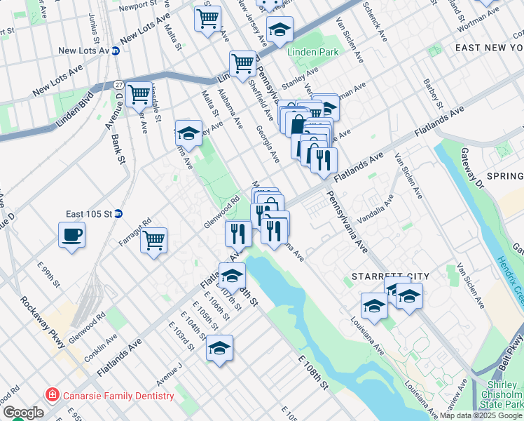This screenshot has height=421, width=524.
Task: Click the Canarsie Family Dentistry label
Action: pyautogui.click(x=113, y=396)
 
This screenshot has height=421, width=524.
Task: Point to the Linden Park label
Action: pyautogui.click(x=312, y=52)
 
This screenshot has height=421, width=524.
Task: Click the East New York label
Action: pyautogui.click(x=489, y=47)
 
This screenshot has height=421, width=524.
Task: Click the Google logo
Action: pyautogui.click(x=22, y=412)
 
